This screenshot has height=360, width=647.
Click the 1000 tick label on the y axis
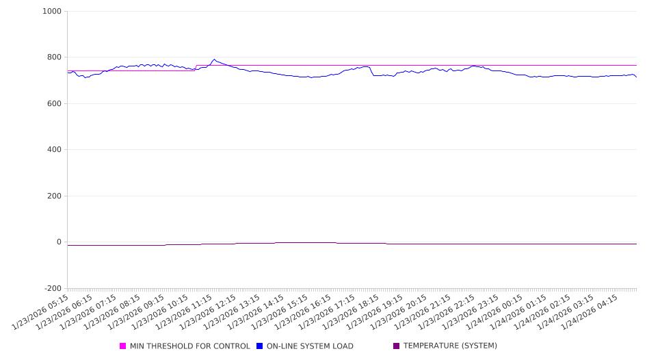[52, 12]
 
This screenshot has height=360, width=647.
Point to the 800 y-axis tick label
[54, 57]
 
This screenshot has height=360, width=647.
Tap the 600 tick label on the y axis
[54, 104]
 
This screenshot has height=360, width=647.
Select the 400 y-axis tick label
[54, 150]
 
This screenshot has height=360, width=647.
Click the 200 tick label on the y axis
[54, 196]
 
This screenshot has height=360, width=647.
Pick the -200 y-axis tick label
[52, 289]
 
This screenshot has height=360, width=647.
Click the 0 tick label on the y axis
[59, 242]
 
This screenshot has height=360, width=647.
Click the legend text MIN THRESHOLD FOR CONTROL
[189, 346]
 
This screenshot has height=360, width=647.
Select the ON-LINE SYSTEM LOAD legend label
[310, 346]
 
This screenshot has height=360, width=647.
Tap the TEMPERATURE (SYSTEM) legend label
[450, 346]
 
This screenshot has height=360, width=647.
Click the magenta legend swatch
[123, 346]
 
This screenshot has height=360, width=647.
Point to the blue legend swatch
[260, 346]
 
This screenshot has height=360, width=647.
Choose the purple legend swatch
[397, 346]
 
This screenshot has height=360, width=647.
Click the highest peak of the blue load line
[214, 60]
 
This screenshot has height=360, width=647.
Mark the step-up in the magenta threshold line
[196, 68]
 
